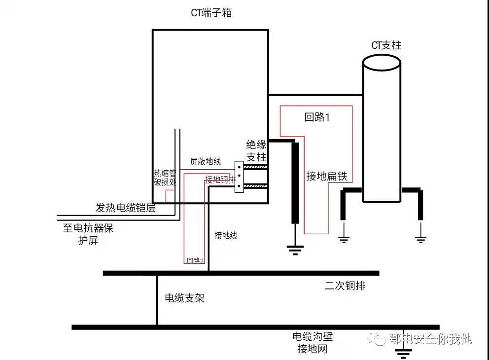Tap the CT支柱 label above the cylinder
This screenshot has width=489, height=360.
pyautogui.click(x=386, y=45)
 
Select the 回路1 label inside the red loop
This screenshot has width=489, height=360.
pyautogui.click(x=316, y=117)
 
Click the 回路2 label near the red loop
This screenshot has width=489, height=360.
pyautogui.click(x=196, y=260)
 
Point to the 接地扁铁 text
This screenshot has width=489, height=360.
pyautogui.click(x=327, y=176)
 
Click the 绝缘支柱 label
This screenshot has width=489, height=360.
pyautogui.click(x=256, y=151)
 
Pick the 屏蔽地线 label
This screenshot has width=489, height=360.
pyautogui.click(x=205, y=162)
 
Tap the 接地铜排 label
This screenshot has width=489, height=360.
pyautogui.click(x=220, y=180)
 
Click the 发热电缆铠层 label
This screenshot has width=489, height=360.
pyautogui.click(x=125, y=208)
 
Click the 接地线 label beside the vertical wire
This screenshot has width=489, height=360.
pyautogui.click(x=226, y=236)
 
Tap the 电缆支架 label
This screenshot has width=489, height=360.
pyautogui.click(x=184, y=298)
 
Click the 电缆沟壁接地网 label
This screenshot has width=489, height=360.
pyautogui.click(x=313, y=343)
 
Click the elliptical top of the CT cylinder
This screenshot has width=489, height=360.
pyautogui.click(x=382, y=63)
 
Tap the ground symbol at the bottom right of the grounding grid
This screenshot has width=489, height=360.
pyautogui.click(x=404, y=351)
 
